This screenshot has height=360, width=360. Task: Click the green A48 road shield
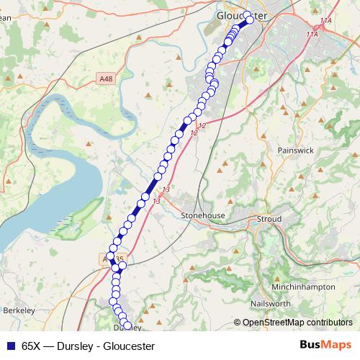(107, 77)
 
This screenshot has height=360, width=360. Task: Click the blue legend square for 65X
(11, 345)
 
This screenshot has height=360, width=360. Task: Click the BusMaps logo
(325, 344)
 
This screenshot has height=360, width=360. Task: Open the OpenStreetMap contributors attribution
(297, 323)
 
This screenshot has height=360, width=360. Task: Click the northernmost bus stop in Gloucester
(247, 15)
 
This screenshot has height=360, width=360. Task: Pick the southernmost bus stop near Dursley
(127, 325)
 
